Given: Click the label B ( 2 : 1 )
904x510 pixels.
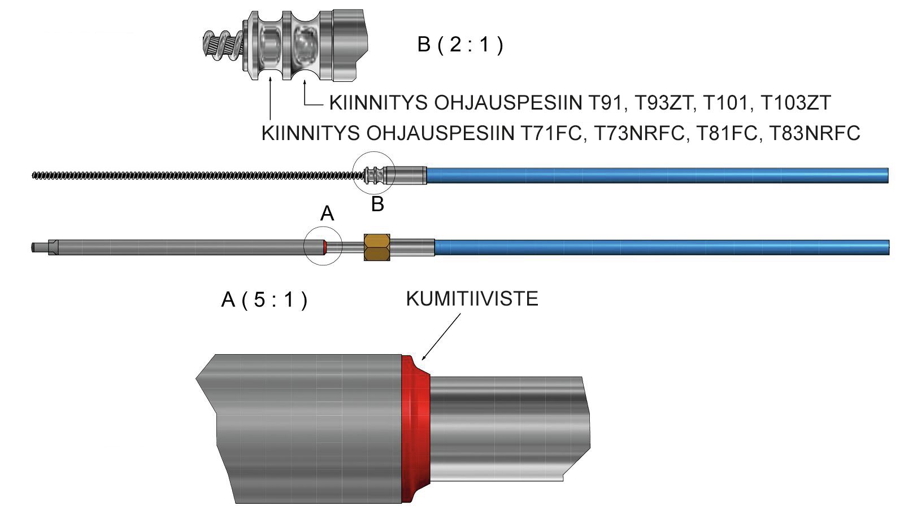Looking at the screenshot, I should (459, 45).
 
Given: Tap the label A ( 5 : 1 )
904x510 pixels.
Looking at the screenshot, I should (264, 299).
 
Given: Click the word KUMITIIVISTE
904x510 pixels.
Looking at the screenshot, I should (472, 299).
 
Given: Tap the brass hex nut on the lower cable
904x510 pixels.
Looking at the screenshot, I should (377, 247).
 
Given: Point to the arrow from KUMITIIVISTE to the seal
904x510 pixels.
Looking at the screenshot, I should (441, 337).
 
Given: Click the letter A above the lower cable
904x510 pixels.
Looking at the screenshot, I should (327, 213).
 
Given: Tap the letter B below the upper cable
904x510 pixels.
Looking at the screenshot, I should (377, 204).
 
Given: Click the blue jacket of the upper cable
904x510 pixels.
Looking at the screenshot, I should (655, 175).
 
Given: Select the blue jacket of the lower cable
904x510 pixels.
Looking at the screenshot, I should (661, 247).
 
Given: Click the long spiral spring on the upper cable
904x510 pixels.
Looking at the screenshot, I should (192, 175).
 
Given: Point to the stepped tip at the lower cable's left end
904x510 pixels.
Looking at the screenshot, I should (42, 247).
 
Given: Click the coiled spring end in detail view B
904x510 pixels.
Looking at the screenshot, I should (223, 46).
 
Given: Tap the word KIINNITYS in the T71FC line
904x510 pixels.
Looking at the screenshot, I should (311, 133).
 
